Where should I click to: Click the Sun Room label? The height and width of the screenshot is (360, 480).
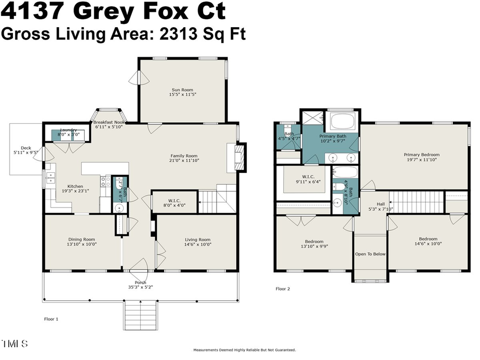[x=182, y=90]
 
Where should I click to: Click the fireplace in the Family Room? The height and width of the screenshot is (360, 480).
[x=238, y=157]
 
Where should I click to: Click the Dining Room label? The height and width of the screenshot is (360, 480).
[x=82, y=239]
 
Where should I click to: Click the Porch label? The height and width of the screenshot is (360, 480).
[x=140, y=283]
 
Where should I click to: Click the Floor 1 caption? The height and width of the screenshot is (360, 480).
[x=51, y=319]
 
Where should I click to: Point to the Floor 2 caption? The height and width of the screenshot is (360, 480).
[x=283, y=289]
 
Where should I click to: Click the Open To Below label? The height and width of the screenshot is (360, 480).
[x=370, y=254]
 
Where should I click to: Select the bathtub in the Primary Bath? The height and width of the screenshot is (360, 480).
[x=342, y=121]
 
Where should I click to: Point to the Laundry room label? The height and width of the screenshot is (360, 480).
[x=68, y=130]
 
